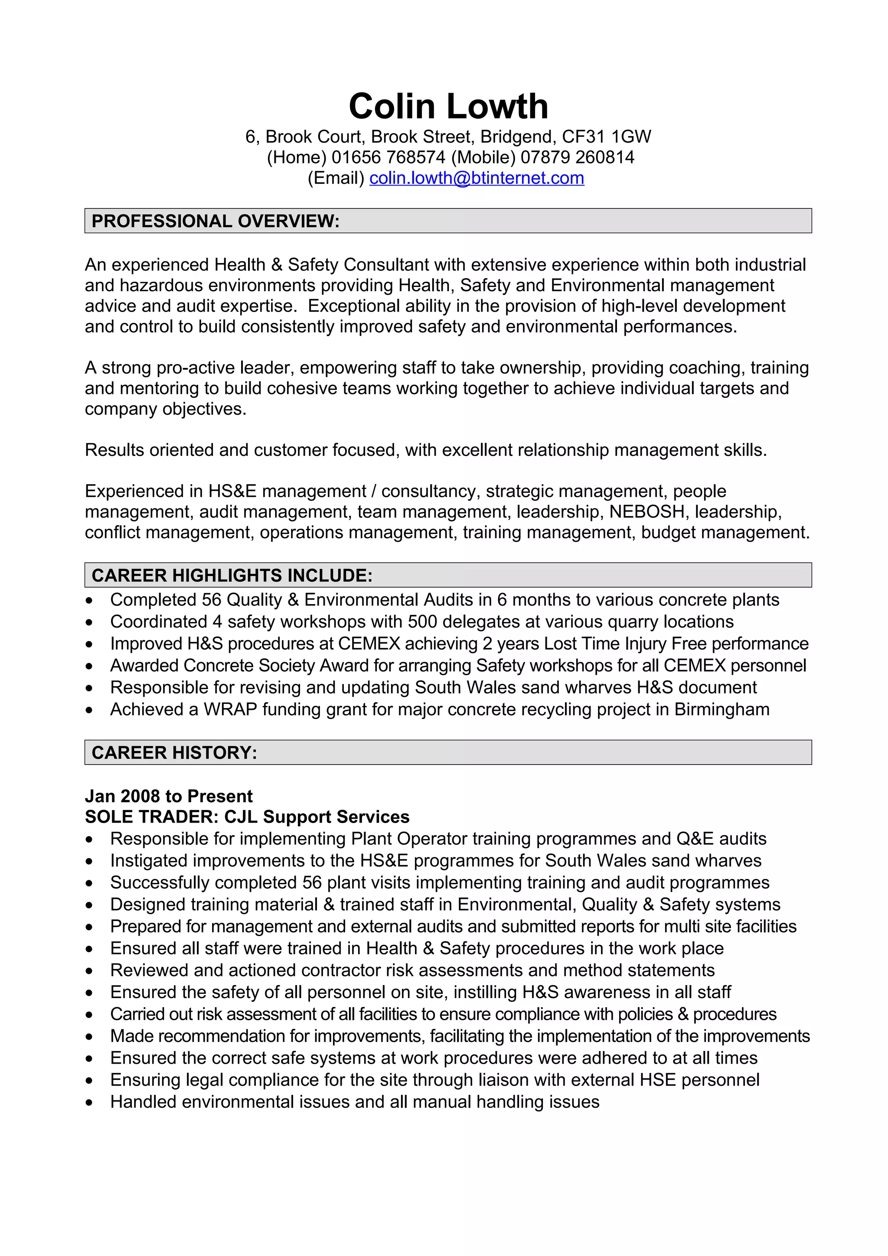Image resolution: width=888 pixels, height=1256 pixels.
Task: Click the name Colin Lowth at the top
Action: pos(448,106)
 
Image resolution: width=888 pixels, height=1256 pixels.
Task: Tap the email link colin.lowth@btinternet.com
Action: pos(477,178)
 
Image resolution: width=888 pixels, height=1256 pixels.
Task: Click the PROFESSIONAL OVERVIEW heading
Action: pos(215,221)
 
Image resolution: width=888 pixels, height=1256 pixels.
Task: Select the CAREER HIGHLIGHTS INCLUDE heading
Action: pos(232,576)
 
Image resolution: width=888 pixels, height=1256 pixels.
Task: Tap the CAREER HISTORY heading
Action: pos(174,753)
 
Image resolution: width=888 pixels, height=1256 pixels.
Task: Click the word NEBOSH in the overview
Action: pos(647,511)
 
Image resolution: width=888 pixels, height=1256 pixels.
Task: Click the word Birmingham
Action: pos(721,709)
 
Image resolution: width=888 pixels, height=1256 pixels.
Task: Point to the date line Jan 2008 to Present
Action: pos(169,796)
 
